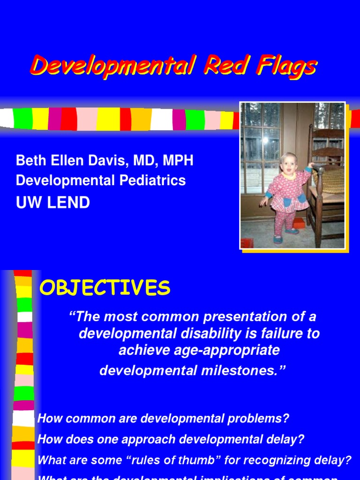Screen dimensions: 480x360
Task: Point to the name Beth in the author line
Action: click(x=31, y=161)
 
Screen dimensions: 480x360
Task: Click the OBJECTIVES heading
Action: click(x=105, y=288)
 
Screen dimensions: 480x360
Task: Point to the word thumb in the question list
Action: click(x=202, y=460)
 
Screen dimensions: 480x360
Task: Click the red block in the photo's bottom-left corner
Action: click(x=247, y=243)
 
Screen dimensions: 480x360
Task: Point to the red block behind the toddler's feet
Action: click(x=299, y=223)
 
